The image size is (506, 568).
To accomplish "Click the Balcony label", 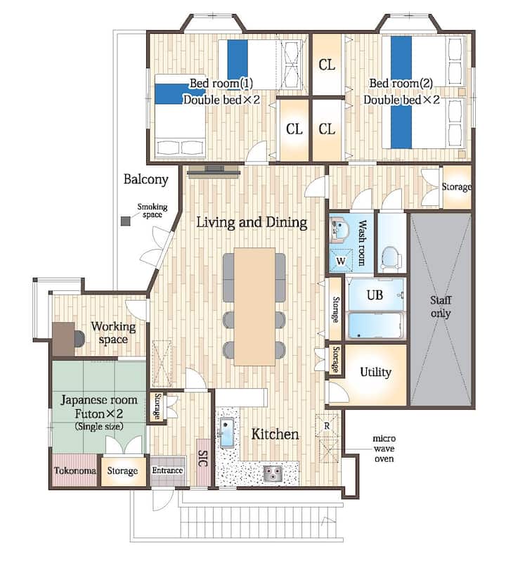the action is click(x=146, y=179).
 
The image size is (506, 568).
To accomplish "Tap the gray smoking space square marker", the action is click(x=125, y=221).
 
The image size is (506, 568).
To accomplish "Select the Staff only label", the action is click(x=441, y=306).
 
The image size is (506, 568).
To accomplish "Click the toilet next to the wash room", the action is click(x=391, y=258).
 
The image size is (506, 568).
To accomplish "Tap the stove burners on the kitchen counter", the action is click(x=273, y=472).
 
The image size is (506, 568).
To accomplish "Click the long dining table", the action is click(x=254, y=306).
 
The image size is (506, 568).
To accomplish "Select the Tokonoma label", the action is click(x=75, y=470).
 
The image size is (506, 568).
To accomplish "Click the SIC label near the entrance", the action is click(x=203, y=458).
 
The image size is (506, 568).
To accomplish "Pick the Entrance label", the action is click(x=167, y=470).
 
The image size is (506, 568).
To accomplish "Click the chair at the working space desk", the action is click(x=79, y=338).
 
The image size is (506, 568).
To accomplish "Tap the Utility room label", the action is click(x=375, y=372).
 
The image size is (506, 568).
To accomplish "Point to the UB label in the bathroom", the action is click(x=375, y=295).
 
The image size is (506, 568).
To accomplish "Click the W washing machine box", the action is click(x=341, y=261).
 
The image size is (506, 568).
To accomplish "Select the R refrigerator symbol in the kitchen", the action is click(x=327, y=426).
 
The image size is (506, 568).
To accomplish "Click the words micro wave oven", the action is click(x=384, y=448).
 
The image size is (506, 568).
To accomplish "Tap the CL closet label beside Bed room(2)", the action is click(x=327, y=65).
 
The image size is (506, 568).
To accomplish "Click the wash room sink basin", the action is click(x=339, y=228).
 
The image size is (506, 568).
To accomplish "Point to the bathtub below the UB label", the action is click(x=375, y=325).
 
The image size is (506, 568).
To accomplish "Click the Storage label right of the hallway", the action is click(x=456, y=187).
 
